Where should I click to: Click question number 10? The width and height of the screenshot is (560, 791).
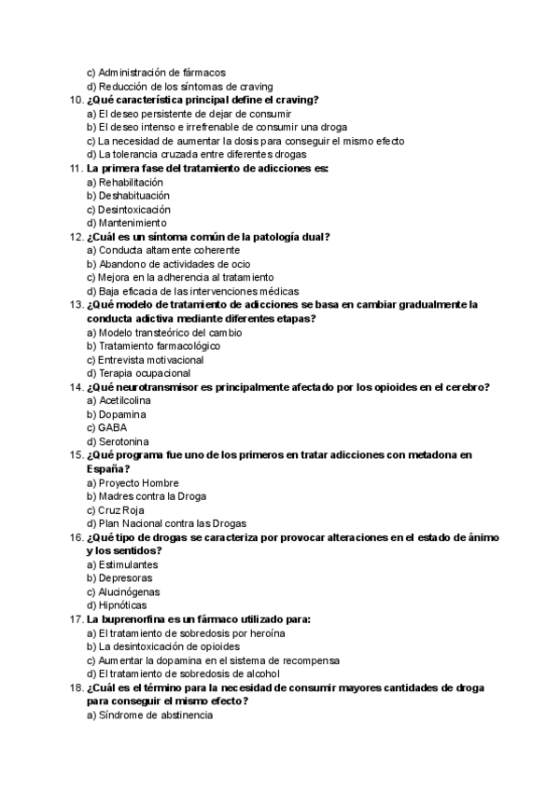coord(77,100)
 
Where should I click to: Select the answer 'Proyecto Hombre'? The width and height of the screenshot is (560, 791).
coord(136,482)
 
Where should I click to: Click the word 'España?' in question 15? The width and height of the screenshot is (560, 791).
coord(107,468)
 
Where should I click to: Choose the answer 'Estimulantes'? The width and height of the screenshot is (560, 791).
coord(127,564)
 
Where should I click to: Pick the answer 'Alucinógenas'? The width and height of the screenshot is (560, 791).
coord(128,591)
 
